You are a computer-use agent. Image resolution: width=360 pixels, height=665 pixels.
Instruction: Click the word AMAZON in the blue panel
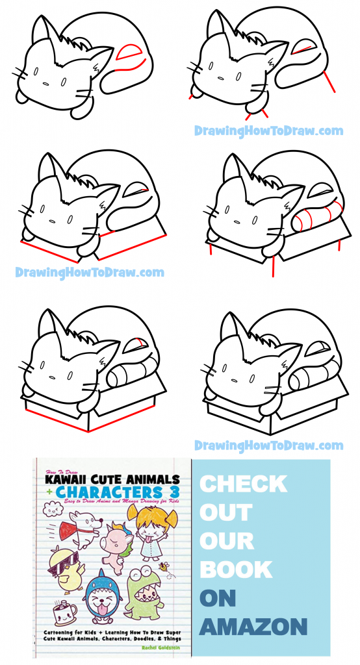pos(253,627)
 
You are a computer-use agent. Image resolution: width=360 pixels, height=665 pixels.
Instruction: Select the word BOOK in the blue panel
pos(235,570)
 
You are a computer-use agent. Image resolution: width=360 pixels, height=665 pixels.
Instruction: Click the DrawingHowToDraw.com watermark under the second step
pos(268,131)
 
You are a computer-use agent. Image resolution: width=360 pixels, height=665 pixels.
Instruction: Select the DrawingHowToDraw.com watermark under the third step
pos(90,272)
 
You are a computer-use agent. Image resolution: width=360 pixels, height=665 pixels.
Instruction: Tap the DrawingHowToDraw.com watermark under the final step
pos(268,445)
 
